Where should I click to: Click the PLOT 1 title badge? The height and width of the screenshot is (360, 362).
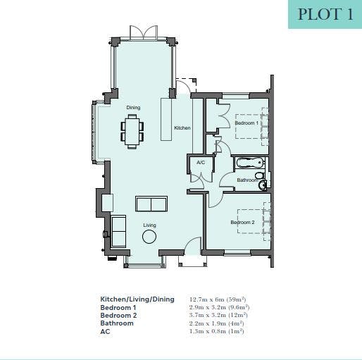pos(325,14)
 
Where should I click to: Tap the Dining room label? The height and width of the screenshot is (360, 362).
pos(133,108)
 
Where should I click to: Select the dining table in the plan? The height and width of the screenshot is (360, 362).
pos(132,132)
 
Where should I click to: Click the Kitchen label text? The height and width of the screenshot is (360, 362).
pos(182,128)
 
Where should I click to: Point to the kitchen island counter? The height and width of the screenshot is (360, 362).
pos(166,119)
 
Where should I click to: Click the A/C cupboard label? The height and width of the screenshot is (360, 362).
pos(201,163)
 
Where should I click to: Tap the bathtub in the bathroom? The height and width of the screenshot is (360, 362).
pos(249,163)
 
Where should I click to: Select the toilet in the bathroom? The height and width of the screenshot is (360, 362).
pos(259,175)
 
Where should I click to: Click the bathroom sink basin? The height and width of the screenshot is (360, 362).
pos(262,185)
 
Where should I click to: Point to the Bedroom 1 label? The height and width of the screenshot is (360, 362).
pos(246,123)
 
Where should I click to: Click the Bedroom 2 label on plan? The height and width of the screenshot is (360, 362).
pos(242,222)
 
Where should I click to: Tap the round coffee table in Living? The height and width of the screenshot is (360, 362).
pos(149,237)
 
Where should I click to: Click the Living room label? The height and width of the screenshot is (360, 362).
pos(149,225)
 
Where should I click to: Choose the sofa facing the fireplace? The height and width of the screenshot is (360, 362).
pos(151,204)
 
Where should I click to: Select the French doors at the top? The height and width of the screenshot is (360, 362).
pos(144,32)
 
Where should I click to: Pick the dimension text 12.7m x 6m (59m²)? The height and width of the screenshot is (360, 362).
pos(218,299)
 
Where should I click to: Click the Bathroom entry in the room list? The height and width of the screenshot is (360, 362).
pos(117,323)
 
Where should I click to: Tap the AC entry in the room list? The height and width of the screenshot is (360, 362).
pos(105,332)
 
